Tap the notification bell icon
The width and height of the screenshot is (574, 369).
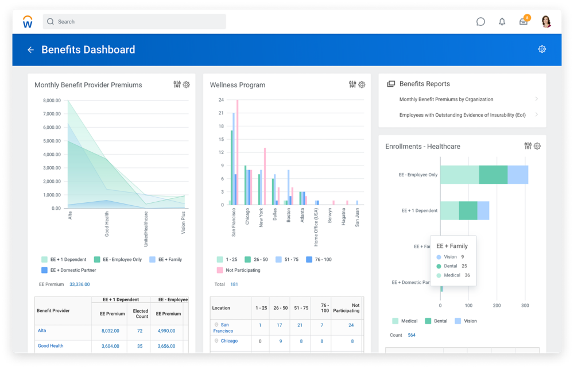click(502, 22)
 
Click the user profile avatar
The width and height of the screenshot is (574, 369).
click(546, 22)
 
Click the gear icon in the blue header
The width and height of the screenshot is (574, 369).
click(542, 49)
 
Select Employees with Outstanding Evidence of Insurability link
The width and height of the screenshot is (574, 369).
click(462, 115)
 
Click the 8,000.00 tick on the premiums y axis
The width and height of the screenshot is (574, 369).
click(52, 101)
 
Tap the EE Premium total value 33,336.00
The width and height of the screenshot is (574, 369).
click(79, 284)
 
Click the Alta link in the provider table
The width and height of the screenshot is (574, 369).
click(42, 330)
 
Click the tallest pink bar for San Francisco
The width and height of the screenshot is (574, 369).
click(238, 152)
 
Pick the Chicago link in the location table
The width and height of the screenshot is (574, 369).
click(229, 341)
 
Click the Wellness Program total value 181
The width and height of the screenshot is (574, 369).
click(234, 284)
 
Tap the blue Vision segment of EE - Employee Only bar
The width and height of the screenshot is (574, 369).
click(518, 175)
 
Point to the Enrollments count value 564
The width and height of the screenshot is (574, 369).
click(412, 335)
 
